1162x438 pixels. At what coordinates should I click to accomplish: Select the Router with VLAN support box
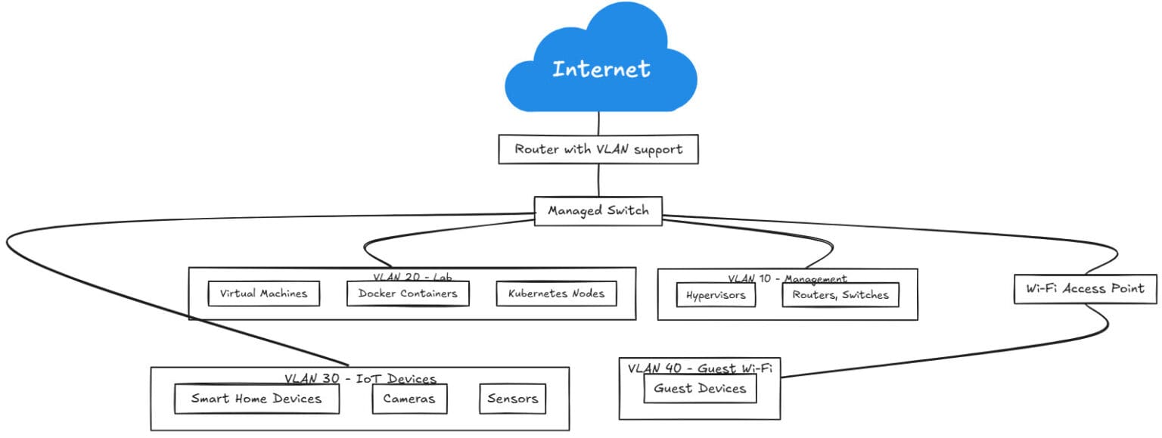598,149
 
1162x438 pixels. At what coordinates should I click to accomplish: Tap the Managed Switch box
598,211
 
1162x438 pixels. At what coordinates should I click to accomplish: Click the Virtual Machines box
263,294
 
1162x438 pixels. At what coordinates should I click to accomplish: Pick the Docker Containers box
408,294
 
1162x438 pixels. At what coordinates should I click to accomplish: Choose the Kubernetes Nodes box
556,294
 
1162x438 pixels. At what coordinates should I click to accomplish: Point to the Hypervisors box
716,295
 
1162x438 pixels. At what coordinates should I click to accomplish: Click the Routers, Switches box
840,295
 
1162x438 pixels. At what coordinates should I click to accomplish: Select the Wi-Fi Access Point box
1085,288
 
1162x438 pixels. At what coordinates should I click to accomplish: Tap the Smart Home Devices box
256,399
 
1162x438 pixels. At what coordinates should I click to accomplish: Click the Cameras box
409,399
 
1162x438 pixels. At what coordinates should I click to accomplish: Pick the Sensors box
512,399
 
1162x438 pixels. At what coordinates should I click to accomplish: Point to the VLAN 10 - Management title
788,278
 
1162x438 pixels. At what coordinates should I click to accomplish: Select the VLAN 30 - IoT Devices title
360,378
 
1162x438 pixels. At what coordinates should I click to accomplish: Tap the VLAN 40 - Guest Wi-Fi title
700,368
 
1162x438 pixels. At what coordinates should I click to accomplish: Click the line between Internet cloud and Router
599,123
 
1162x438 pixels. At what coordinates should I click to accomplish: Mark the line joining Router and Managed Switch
598,180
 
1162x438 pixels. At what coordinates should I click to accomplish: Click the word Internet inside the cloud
601,70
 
